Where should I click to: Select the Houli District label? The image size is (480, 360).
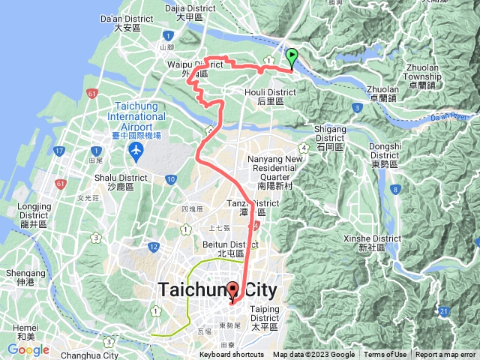coord(277,96)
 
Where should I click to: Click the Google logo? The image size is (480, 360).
coord(28,349)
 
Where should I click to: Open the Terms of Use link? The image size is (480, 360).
coord(385,355)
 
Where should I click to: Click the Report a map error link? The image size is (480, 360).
coord(446,355)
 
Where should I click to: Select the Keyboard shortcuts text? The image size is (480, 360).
coord(232,355)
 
